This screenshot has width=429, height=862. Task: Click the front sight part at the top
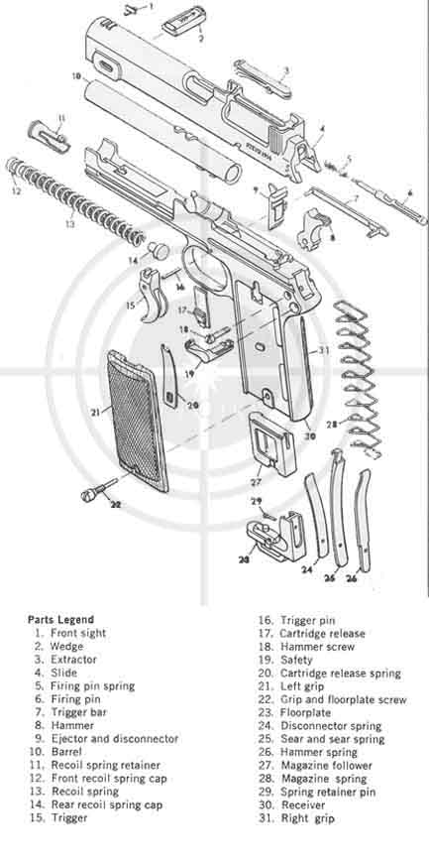click(130, 9)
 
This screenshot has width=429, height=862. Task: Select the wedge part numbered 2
click(184, 21)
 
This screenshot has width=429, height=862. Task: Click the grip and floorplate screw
click(98, 489)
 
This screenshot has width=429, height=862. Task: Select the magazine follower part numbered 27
click(271, 443)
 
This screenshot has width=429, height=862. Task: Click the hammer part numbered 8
click(312, 228)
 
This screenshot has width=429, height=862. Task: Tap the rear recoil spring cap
click(159, 250)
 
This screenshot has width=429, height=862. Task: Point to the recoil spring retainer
click(50, 136)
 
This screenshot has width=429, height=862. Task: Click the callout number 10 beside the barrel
click(76, 75)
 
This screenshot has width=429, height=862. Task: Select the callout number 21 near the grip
click(96, 411)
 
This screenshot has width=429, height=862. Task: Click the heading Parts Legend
click(60, 620)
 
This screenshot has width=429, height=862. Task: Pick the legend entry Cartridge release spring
click(341, 673)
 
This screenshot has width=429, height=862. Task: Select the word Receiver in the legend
click(303, 804)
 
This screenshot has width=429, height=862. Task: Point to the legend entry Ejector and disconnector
click(115, 739)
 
